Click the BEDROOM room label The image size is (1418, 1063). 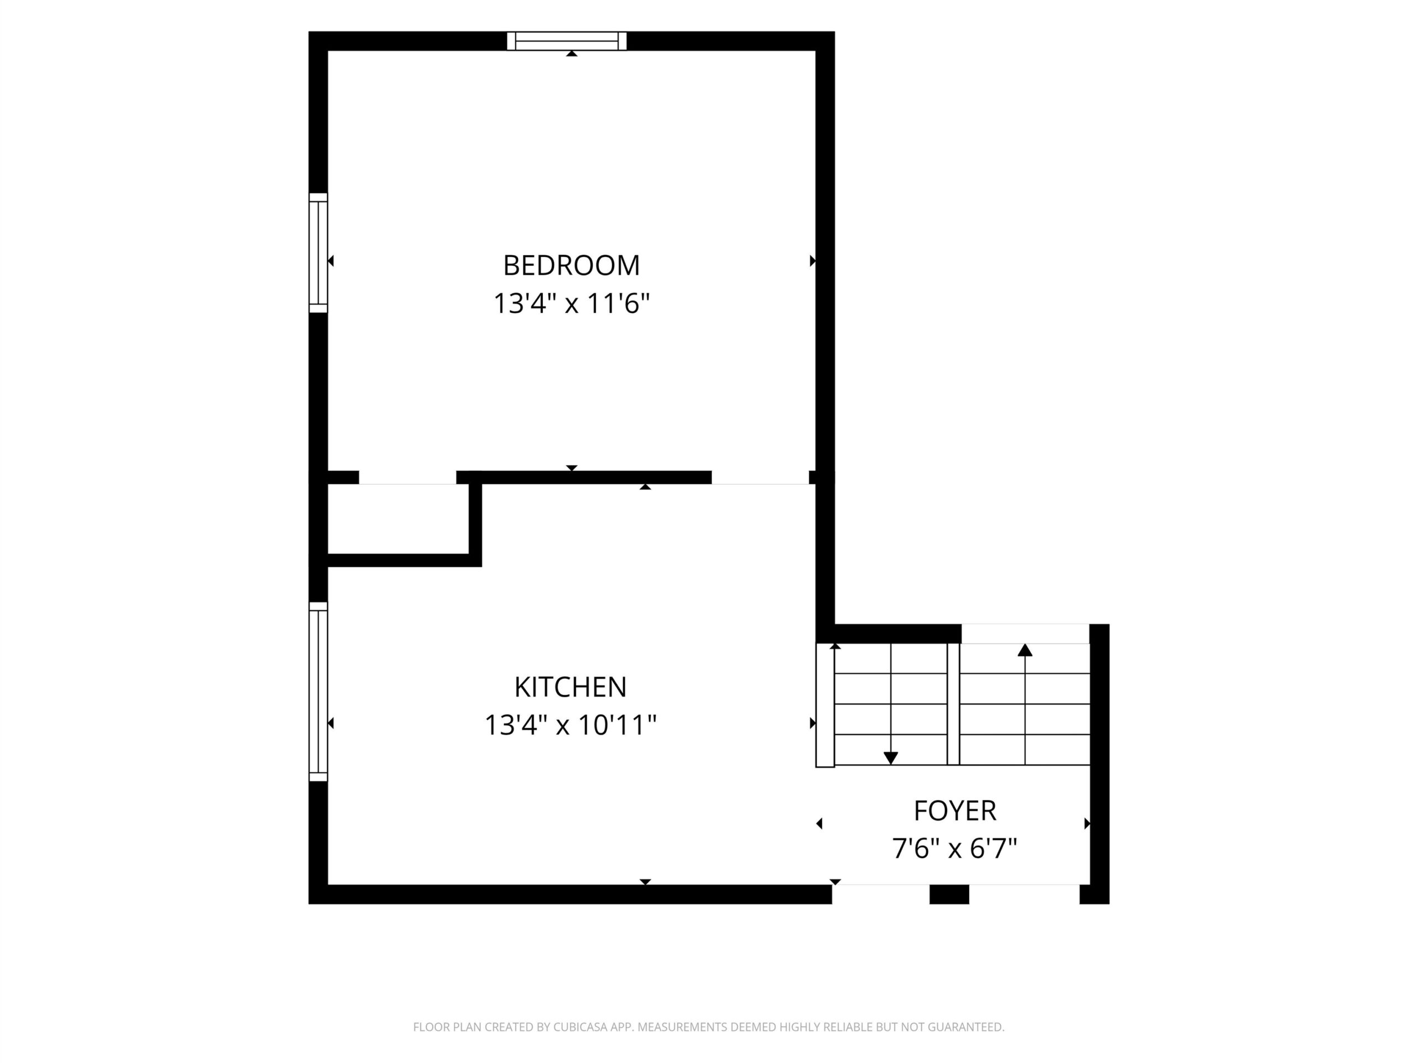tap(571, 265)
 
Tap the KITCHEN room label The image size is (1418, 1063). tap(570, 687)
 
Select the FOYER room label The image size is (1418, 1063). tap(954, 811)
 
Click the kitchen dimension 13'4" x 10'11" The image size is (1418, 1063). tap(570, 725)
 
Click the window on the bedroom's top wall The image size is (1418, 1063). tap(567, 41)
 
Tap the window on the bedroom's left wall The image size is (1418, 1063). tap(318, 253)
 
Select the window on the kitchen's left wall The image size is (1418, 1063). tap(318, 692)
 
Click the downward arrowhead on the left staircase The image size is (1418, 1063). tap(891, 758)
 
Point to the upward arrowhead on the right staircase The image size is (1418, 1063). tap(1025, 651)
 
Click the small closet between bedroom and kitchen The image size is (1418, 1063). tap(398, 518)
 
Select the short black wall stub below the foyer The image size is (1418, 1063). tap(949, 895)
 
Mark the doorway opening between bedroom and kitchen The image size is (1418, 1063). tap(761, 478)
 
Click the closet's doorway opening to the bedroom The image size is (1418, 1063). tap(407, 478)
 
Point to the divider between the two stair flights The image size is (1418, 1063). tap(953, 704)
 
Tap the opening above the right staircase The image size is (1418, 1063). tap(1025, 634)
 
